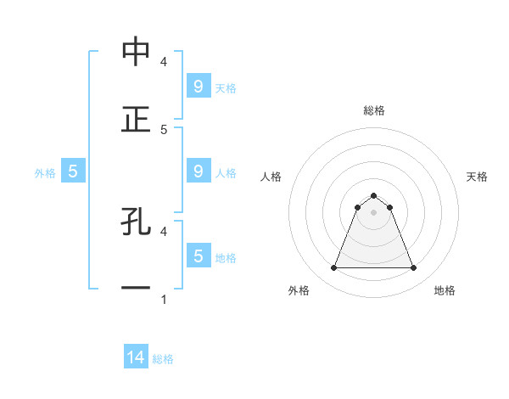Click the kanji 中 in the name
click(136, 52)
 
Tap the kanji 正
click(136, 119)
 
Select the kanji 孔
click(136, 222)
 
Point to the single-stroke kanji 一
click(136, 289)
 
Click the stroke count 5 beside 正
click(164, 129)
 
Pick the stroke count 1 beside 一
click(164, 300)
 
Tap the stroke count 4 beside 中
click(164, 62)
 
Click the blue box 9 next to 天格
click(198, 87)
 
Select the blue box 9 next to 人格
click(198, 171)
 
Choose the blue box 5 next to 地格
click(198, 256)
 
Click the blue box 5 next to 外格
click(73, 171)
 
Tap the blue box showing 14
click(136, 358)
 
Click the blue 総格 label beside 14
click(163, 359)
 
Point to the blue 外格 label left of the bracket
click(45, 172)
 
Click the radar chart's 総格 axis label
click(374, 110)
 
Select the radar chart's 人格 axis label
click(271, 177)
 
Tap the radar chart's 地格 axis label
click(445, 290)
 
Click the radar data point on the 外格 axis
click(333, 268)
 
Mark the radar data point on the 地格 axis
click(414, 268)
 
